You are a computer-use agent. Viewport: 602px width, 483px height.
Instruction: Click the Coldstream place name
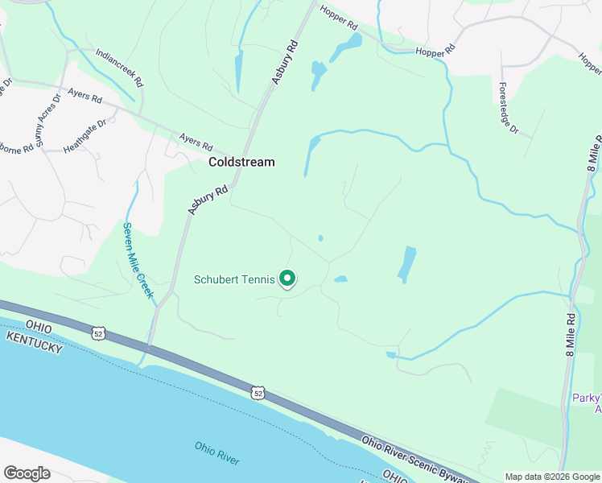tap(241, 162)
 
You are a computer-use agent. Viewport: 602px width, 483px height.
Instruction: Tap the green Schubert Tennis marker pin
tap(288, 279)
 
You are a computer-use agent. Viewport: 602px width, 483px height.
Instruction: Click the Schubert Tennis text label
tap(234, 280)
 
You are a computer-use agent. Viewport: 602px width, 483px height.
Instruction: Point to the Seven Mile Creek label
tap(138, 260)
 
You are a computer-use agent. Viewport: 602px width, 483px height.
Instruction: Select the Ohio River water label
tap(216, 452)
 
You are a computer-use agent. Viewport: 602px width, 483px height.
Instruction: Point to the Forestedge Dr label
tap(509, 108)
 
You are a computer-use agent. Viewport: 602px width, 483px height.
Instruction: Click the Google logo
tap(27, 473)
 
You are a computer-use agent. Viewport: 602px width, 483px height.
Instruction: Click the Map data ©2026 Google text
tap(551, 477)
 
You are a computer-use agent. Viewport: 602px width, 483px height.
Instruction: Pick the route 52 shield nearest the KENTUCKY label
tap(97, 332)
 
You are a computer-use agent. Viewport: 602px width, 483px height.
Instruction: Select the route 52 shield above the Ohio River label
tap(257, 393)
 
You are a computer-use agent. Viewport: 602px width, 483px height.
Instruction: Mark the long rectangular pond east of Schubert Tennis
tap(407, 264)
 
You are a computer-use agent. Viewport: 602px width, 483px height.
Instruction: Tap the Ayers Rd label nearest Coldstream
tap(196, 143)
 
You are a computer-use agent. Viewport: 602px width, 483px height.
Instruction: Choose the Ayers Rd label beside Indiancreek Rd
tap(85, 97)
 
